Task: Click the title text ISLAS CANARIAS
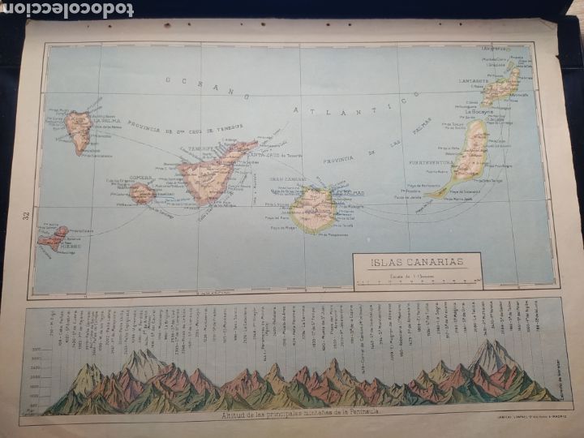(417, 261)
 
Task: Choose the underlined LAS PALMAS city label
(333, 194)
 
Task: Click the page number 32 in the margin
(27, 217)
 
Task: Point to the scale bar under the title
(417, 284)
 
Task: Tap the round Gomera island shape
(142, 193)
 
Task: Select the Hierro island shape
(54, 236)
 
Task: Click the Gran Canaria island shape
(311, 208)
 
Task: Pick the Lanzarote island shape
(501, 86)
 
